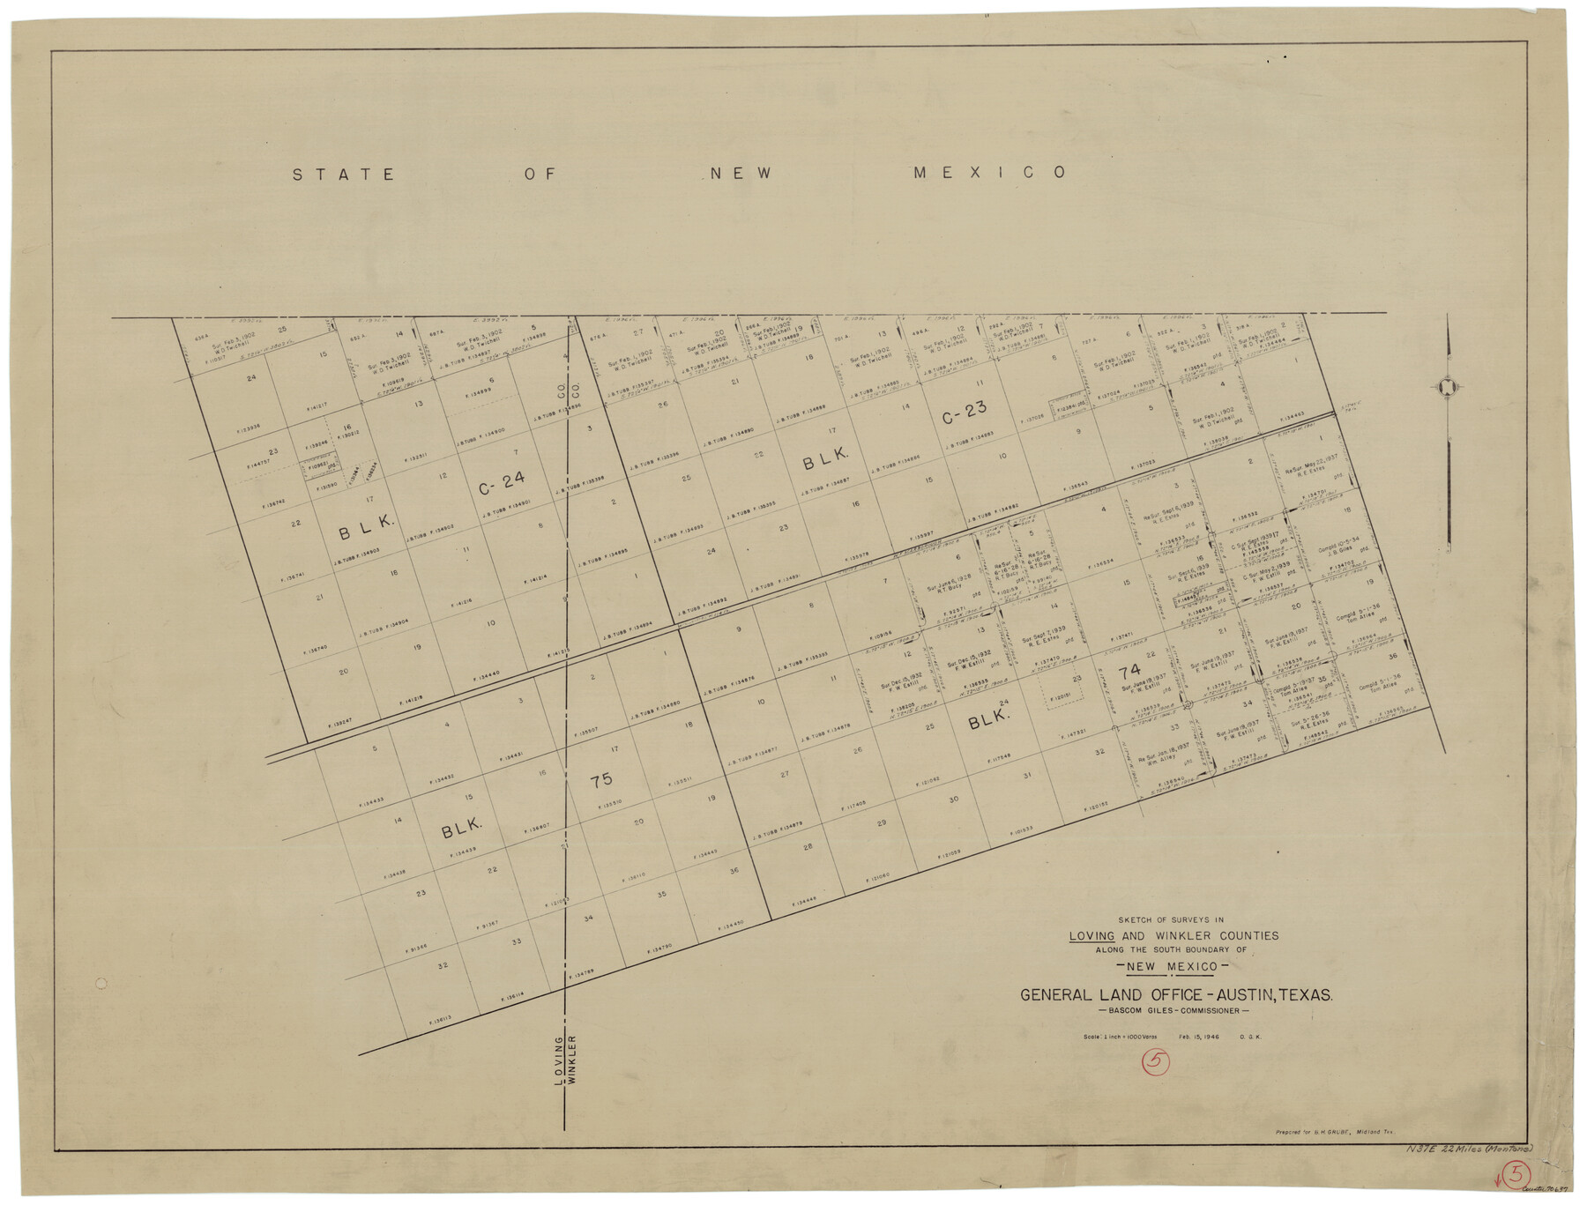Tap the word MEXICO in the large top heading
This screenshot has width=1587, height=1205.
click(989, 173)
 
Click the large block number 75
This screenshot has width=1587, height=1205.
click(601, 780)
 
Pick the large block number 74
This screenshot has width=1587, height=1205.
click(1129, 672)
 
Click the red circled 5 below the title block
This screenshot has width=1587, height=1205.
click(1155, 1063)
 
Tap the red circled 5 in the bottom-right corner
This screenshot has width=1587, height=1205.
click(1516, 1172)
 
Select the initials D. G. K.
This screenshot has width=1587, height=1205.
click(1250, 1037)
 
